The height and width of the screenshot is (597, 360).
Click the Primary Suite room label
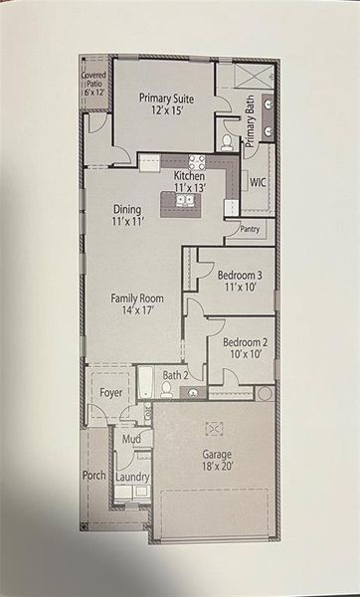tap(165, 104)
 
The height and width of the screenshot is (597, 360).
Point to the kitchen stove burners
tap(197, 162)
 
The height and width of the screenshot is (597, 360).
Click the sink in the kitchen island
tap(184, 200)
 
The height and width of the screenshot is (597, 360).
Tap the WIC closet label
tap(258, 182)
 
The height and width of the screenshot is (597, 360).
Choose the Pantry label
tap(251, 228)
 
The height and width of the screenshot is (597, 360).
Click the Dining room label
tap(127, 215)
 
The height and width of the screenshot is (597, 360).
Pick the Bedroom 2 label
tap(244, 346)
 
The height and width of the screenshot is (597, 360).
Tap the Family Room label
tap(136, 303)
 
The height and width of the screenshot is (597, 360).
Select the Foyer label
tap(111, 393)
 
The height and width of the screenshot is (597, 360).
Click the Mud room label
tap(130, 438)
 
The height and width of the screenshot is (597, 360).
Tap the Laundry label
tap(132, 478)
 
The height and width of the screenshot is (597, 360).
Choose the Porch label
tap(93, 476)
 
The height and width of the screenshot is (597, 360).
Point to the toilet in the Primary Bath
tap(228, 141)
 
